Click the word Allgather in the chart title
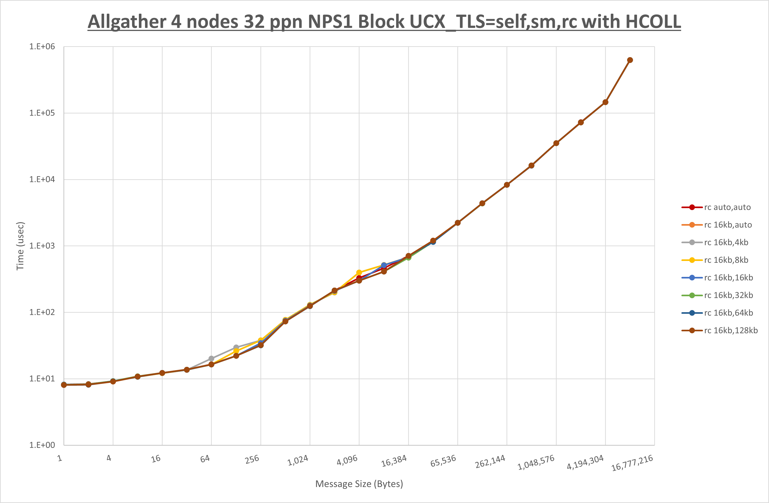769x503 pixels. coord(127,22)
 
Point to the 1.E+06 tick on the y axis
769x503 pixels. coord(42,46)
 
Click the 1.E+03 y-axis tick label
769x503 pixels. coord(42,246)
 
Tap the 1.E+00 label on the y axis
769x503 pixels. coord(42,445)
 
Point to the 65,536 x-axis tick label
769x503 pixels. coord(443,461)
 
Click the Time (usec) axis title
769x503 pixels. coord(20,246)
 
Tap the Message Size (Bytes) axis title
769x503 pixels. coord(359,484)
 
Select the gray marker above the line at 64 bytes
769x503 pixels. coord(211,358)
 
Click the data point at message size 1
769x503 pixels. coord(64,385)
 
